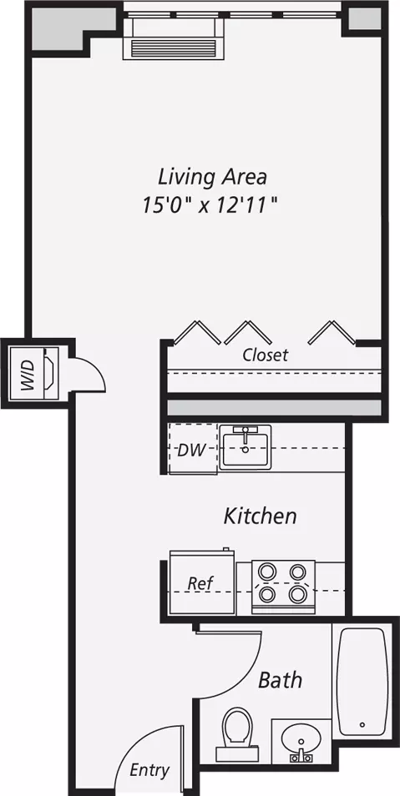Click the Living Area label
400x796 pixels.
pos(212,178)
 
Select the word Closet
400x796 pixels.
pos(265,355)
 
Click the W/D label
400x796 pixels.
pos(28,374)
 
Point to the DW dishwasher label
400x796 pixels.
pos(191,450)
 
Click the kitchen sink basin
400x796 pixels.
pos(246,447)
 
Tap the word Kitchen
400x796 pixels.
pos(261,516)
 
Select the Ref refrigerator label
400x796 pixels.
pos(200,583)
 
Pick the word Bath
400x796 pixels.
pos(280,679)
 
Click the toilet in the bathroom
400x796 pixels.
pos(237,734)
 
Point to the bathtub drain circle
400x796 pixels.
pos(362,724)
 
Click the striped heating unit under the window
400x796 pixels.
pos(175,48)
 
